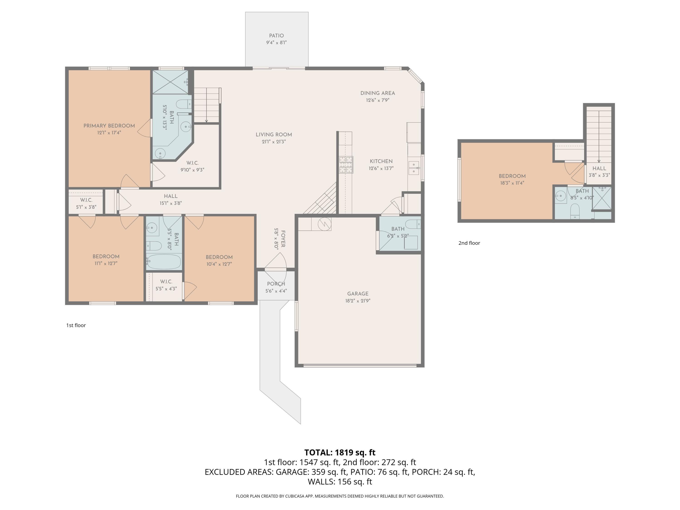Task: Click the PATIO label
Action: [x=276, y=36]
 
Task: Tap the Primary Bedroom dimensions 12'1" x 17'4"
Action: [x=109, y=133]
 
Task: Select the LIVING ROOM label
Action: [x=274, y=135]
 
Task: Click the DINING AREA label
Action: [x=377, y=93]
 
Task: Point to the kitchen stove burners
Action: [x=346, y=165]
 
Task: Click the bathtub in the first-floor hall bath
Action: [x=164, y=262]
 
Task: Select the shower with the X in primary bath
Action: [x=170, y=81]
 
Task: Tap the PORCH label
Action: [x=276, y=284]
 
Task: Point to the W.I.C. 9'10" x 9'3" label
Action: [x=192, y=163]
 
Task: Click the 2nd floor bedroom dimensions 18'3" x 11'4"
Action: [x=512, y=183]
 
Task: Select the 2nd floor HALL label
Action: [x=599, y=168]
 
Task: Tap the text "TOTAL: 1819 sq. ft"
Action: [x=340, y=452]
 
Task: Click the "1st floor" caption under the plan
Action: [x=76, y=325]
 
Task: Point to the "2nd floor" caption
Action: [x=469, y=243]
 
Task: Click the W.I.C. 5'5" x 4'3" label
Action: [x=166, y=282]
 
